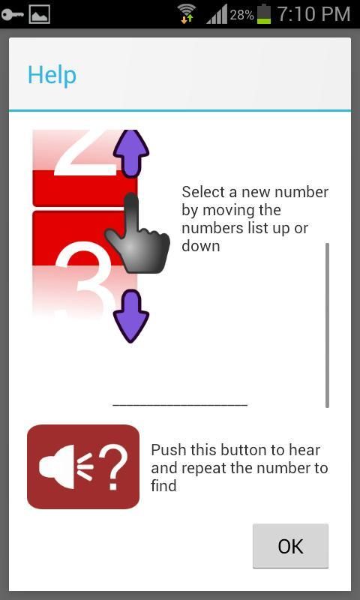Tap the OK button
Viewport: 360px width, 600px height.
point(290,546)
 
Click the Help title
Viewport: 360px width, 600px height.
point(52,75)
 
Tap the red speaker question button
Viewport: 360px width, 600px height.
point(83,466)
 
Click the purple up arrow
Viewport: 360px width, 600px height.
point(130,154)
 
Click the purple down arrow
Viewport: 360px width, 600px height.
point(130,316)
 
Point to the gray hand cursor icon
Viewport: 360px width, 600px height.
point(136,233)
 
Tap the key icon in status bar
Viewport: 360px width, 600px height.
point(12,15)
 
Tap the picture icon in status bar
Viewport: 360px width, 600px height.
point(40,15)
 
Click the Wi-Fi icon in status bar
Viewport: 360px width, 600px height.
point(187,14)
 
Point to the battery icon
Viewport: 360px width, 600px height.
point(263,14)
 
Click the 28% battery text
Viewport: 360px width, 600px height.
point(241,15)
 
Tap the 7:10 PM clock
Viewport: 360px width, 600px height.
point(313,14)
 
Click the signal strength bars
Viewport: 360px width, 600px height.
point(217,15)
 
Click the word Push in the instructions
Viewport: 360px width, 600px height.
point(167,449)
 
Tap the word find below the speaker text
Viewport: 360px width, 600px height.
point(163,485)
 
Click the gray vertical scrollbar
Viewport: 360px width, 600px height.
point(327,325)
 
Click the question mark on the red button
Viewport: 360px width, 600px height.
point(113,466)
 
